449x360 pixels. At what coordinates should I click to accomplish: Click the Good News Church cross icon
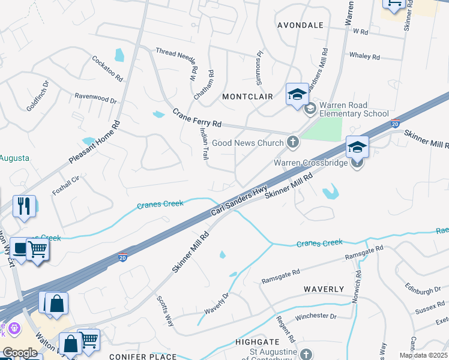(x=292, y=142)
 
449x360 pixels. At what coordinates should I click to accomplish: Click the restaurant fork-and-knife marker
(x=24, y=206)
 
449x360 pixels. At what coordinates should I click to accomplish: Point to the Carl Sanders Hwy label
(x=239, y=202)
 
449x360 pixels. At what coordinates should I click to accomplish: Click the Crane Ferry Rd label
(x=197, y=118)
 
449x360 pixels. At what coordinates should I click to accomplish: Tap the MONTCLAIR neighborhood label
(x=247, y=97)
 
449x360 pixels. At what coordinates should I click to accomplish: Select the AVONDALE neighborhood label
(x=300, y=25)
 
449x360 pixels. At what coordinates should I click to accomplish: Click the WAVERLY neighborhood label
(x=324, y=289)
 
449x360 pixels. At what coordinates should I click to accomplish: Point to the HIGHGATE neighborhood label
(x=258, y=341)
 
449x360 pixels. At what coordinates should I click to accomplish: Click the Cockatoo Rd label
(x=107, y=69)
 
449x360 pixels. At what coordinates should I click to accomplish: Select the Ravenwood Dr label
(x=95, y=97)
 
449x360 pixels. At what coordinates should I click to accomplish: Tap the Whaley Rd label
(x=364, y=56)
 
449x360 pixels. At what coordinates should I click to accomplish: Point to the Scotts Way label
(x=165, y=311)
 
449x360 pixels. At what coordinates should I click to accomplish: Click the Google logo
(x=20, y=353)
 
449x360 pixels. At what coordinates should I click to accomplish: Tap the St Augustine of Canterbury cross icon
(x=306, y=354)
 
